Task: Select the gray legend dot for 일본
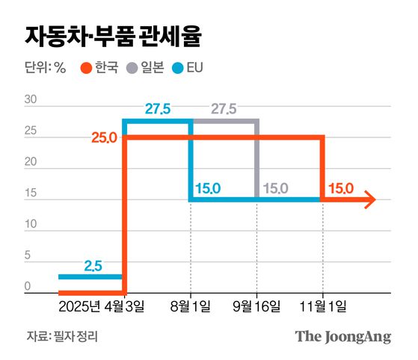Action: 133,68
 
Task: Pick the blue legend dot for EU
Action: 181,68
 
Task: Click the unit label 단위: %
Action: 45,68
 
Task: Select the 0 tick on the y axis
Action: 28,286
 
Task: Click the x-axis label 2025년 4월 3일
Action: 102,307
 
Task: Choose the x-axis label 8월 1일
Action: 191,307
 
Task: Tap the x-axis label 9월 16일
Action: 258,307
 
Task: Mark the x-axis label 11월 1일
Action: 324,307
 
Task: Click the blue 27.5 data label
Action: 158,110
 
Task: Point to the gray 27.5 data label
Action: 224,110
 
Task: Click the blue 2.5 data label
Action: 93,265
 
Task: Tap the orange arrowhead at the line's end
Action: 369,199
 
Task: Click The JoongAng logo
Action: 342,336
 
